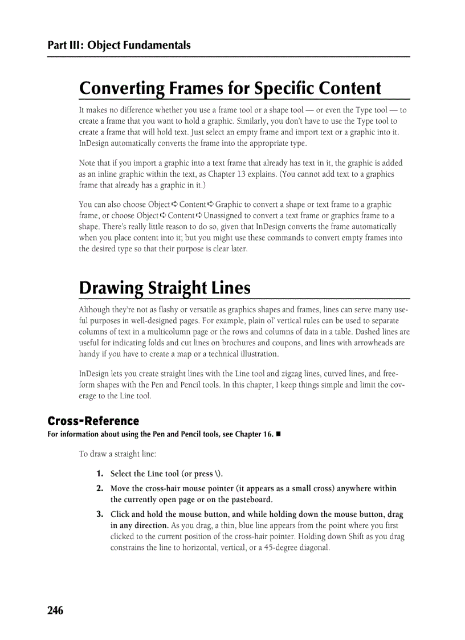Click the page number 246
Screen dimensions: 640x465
click(55, 610)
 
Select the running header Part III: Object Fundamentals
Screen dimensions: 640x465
click(119, 45)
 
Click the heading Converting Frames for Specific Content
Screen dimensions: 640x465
click(230, 88)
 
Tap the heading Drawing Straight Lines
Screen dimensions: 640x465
click(165, 288)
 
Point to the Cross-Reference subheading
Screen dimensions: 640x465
click(93, 421)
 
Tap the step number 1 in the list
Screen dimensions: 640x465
click(99, 474)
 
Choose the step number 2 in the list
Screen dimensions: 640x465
click(99, 488)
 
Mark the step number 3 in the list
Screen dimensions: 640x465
click(99, 515)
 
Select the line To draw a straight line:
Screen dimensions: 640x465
click(117, 454)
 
